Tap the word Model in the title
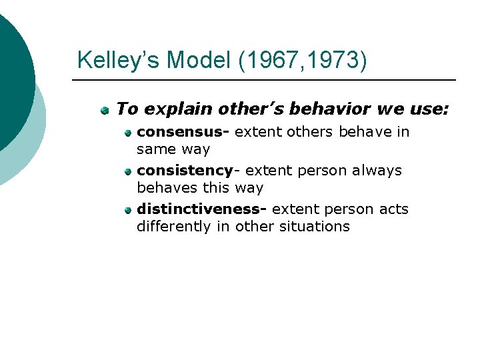coord(197,60)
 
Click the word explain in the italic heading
coord(168,108)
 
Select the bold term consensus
coord(181,132)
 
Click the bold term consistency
coord(185,171)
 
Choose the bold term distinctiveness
coord(199,209)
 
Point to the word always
coord(373,171)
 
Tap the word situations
coord(314,227)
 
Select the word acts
coord(393,209)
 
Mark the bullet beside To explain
coord(105,109)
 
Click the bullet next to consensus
coord(127,133)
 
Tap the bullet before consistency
coord(127,171)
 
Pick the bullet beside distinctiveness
coord(127,210)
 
